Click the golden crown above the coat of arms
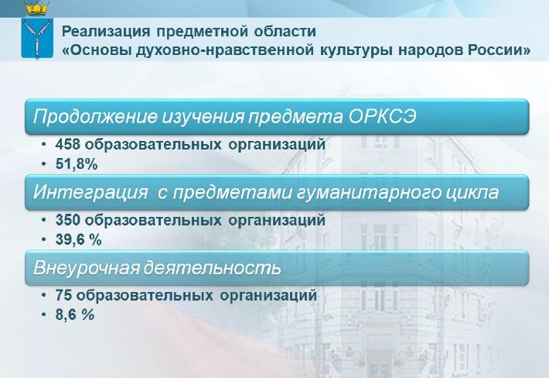point(37,8)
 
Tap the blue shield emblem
point(37,39)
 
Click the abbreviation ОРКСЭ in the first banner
point(382,116)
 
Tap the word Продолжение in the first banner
point(95,117)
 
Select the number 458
point(68,144)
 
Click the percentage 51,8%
point(77,164)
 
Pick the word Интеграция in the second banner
point(90,193)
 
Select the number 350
point(68,220)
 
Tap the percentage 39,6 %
point(78,240)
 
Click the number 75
point(63,295)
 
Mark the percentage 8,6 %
point(75,315)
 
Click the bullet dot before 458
point(43,145)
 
